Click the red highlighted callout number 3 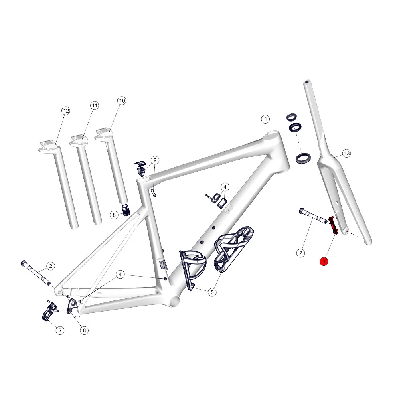pyautogui.click(x=324, y=261)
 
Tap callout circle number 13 pyautogui.click(x=347, y=154)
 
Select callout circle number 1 pyautogui.click(x=266, y=119)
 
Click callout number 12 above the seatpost pyautogui.click(x=66, y=111)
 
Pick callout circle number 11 pyautogui.click(x=95, y=105)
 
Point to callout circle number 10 pyautogui.click(x=122, y=101)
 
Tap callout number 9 pyautogui.click(x=155, y=160)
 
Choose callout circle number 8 pyautogui.click(x=114, y=215)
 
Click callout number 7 pyautogui.click(x=60, y=330)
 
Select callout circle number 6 pyautogui.click(x=84, y=330)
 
